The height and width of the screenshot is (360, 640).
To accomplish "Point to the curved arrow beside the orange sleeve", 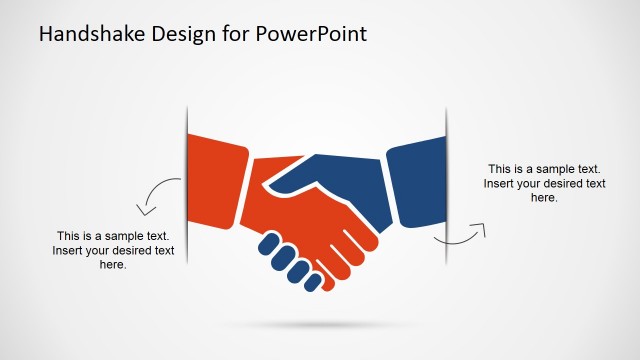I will click(158, 196).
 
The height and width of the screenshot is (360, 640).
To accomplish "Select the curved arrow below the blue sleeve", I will click(461, 236).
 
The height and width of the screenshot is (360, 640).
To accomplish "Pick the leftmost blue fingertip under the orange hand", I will click(268, 242).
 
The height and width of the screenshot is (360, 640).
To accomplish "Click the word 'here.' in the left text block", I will click(113, 265).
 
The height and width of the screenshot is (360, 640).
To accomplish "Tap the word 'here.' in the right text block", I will click(544, 198).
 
